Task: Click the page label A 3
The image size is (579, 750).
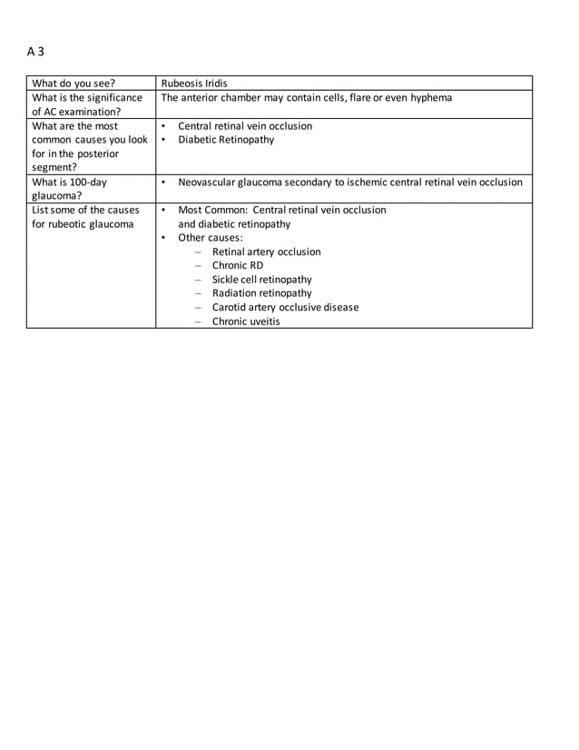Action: tap(35, 52)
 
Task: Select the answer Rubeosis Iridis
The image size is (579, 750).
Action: tap(193, 84)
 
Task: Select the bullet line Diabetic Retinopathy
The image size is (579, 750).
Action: tap(226, 140)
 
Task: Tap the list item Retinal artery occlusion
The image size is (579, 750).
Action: tap(266, 252)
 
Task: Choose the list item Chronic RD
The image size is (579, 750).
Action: tap(238, 266)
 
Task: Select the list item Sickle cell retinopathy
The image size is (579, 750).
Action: tap(261, 280)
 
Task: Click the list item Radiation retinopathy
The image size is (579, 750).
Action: tap(261, 293)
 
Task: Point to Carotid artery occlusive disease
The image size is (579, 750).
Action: tap(285, 307)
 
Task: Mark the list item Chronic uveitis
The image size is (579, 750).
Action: tap(246, 321)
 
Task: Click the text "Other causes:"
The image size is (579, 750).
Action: tap(211, 238)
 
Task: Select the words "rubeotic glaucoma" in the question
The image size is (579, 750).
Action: tap(93, 224)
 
